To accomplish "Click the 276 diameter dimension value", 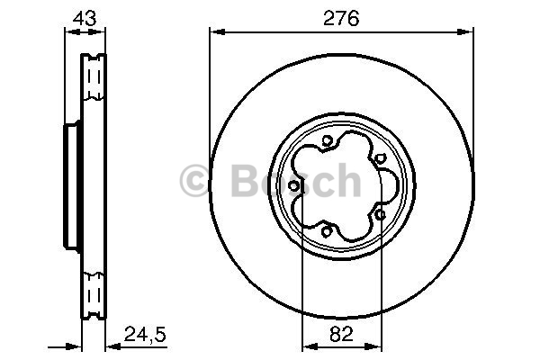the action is pyautogui.click(x=341, y=18).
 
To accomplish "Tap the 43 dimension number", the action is pyautogui.click(x=85, y=18).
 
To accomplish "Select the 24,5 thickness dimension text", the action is pyautogui.click(x=145, y=334).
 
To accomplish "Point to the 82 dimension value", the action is pyautogui.click(x=341, y=334).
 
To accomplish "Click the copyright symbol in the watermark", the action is pyautogui.click(x=195, y=180).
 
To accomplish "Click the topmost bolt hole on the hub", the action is pyautogui.click(x=328, y=140).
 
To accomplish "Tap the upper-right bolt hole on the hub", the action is pyautogui.click(x=379, y=158).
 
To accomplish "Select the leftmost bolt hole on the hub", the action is pyautogui.click(x=293, y=186).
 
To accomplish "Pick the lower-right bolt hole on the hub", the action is pyautogui.click(x=380, y=215).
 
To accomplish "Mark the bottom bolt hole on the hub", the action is pyautogui.click(x=326, y=231).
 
